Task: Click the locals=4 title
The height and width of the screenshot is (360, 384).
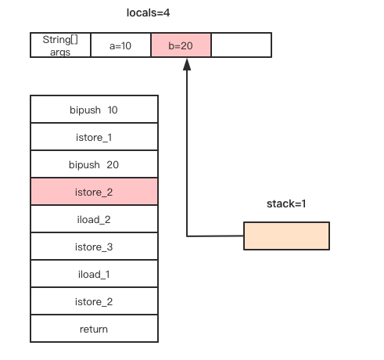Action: pyautogui.click(x=148, y=13)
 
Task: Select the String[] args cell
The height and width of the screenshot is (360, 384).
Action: pyautogui.click(x=60, y=45)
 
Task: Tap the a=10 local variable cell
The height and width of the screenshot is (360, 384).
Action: pyautogui.click(x=120, y=45)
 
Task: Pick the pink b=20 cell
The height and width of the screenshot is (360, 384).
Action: pyautogui.click(x=181, y=45)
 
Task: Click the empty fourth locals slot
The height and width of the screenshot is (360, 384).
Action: pyautogui.click(x=242, y=45)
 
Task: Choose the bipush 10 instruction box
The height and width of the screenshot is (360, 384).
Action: pyautogui.click(x=94, y=110)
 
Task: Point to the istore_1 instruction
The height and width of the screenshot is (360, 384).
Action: pyautogui.click(x=94, y=137)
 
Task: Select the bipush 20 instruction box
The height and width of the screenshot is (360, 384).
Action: pyautogui.click(x=94, y=164)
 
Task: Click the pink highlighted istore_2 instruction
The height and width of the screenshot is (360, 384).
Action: pyautogui.click(x=94, y=192)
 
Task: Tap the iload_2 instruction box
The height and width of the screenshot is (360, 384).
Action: pyautogui.click(x=94, y=219)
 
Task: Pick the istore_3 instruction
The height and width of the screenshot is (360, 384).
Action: pyautogui.click(x=94, y=247)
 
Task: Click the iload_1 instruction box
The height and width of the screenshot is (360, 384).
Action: pyautogui.click(x=94, y=274)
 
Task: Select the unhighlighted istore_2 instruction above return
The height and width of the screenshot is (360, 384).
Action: pyautogui.click(x=94, y=301)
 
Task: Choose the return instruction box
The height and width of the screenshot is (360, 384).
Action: pyautogui.click(x=94, y=329)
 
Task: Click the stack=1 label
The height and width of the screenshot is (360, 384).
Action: pyautogui.click(x=286, y=203)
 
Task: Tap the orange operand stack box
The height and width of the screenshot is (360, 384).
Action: pyautogui.click(x=286, y=236)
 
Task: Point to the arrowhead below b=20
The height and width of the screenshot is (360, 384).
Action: pyautogui.click(x=187, y=64)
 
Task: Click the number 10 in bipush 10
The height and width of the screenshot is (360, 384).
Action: pyautogui.click(x=113, y=110)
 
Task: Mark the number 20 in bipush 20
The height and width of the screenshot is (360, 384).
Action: pyautogui.click(x=113, y=165)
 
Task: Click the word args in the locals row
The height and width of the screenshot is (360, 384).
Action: pyautogui.click(x=60, y=52)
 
